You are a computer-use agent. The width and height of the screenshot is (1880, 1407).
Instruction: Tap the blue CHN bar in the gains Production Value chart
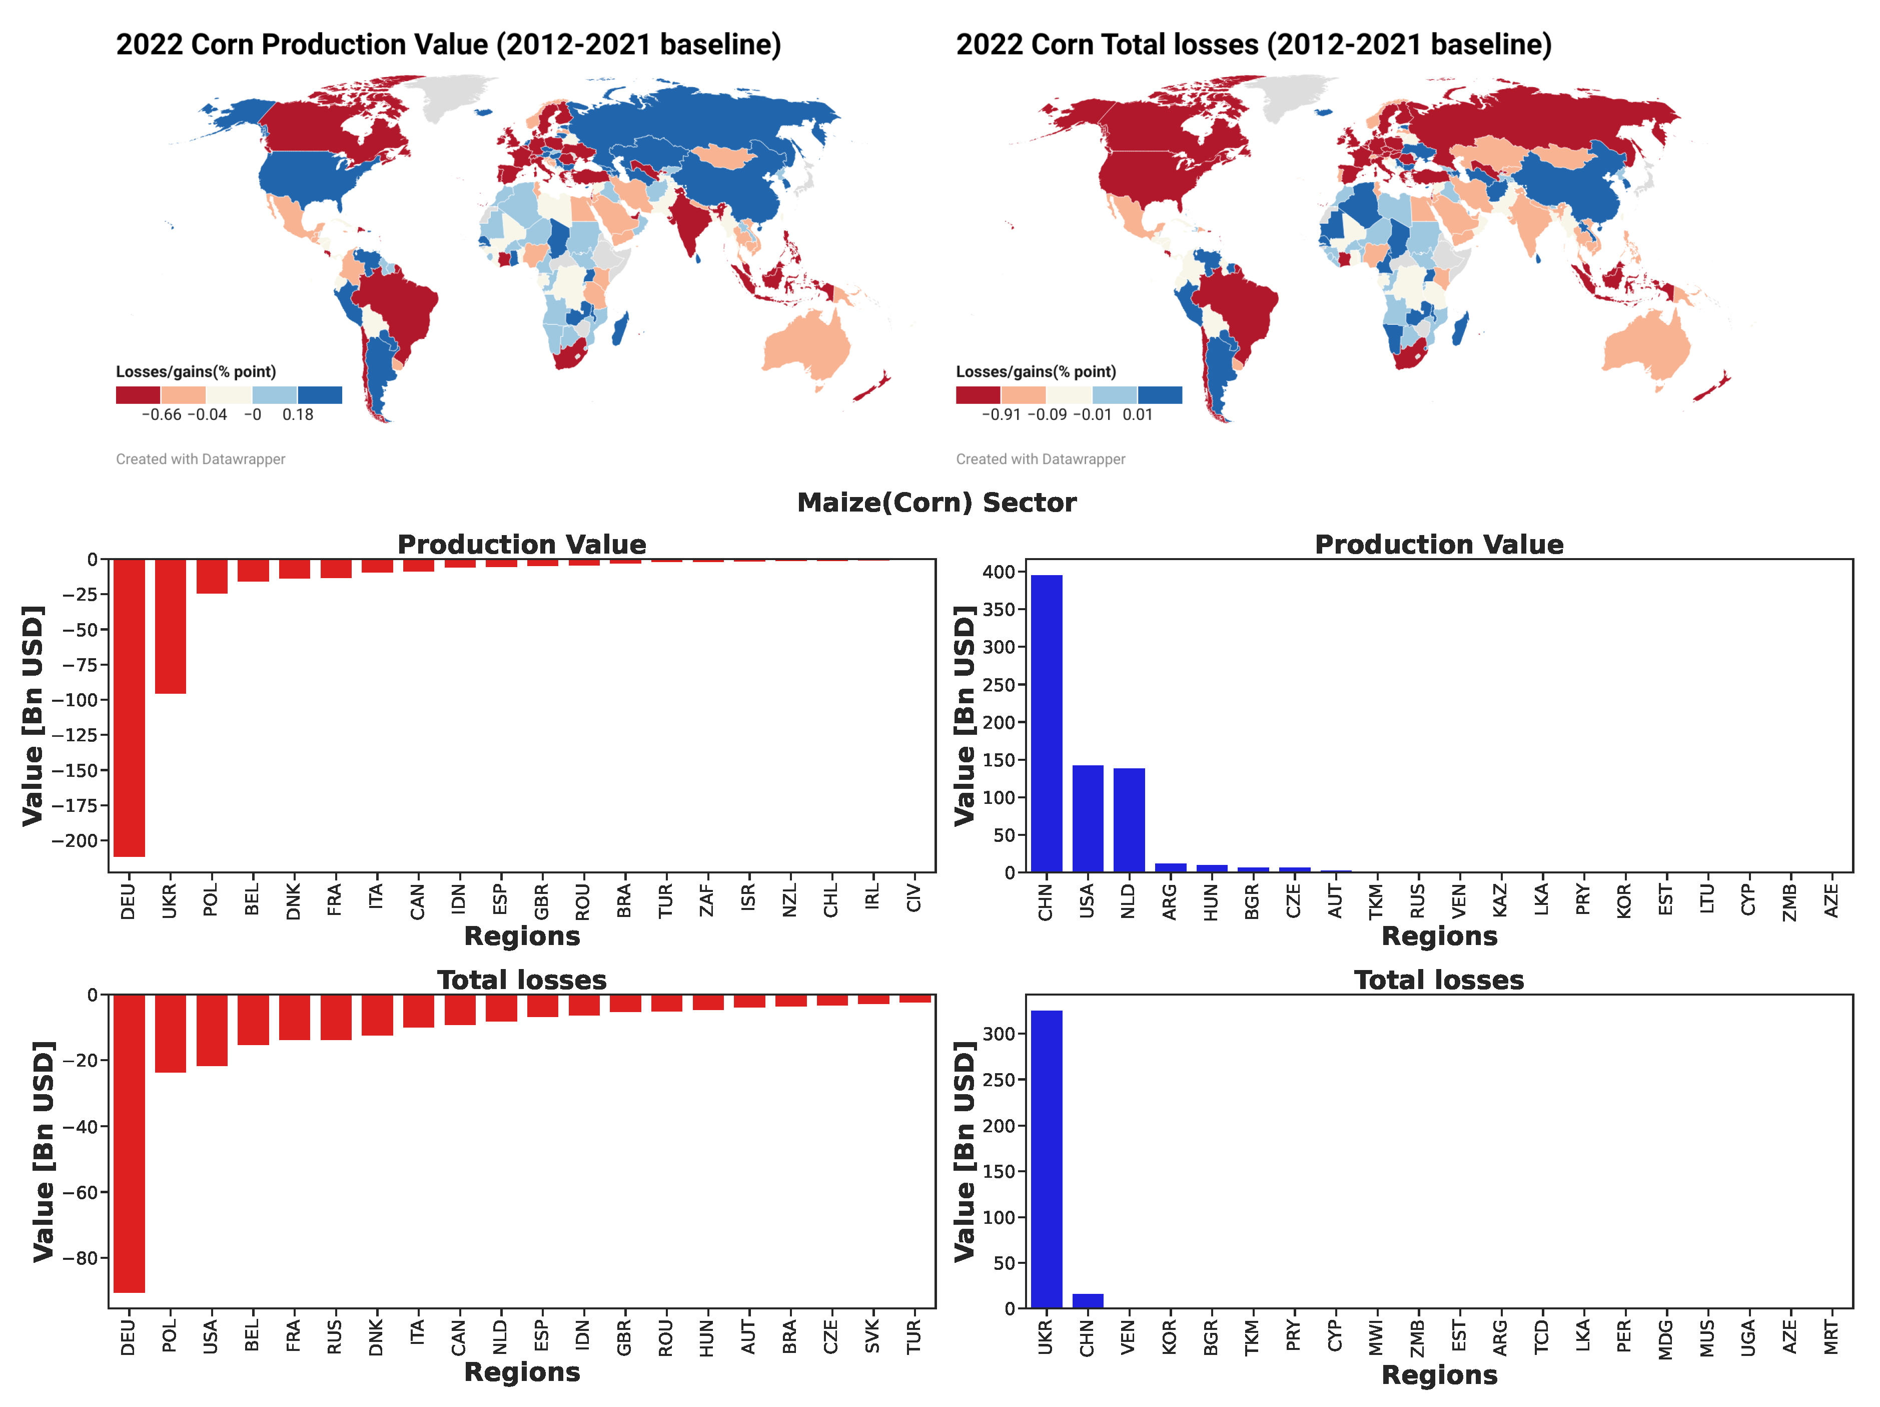coord(1046,723)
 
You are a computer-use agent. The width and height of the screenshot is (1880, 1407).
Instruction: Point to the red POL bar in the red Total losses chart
coord(170,1033)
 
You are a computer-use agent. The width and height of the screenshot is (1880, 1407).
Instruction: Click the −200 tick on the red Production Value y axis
coord(75,840)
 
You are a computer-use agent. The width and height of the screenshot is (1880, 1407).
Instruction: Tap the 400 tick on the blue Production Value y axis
coord(998,572)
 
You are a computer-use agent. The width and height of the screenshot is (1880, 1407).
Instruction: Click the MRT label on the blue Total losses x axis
coord(1830,1337)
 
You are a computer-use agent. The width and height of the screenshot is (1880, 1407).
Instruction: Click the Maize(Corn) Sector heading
coord(936,503)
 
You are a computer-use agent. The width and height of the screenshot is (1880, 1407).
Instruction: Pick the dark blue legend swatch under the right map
coord(1159,394)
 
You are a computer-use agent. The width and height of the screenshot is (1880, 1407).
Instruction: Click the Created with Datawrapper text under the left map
coord(201,459)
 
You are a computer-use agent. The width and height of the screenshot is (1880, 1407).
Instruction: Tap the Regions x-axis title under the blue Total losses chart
coord(1438,1374)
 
